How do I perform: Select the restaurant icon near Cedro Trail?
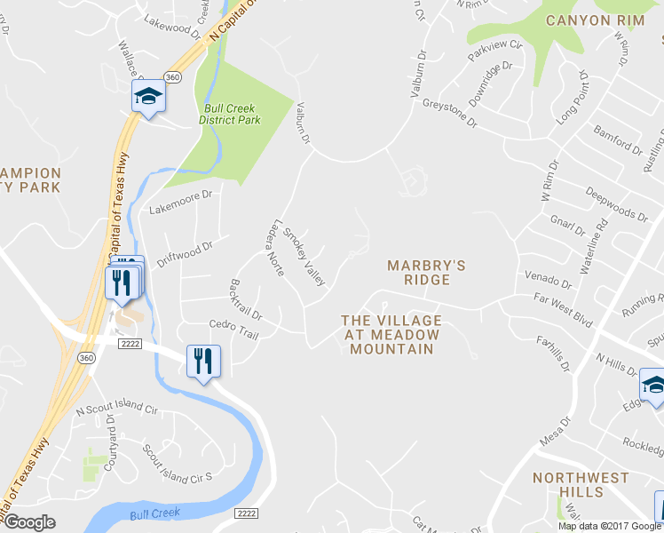pyautogui.click(x=203, y=361)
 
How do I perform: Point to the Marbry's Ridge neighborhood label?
pyautogui.click(x=426, y=272)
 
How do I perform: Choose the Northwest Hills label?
pyautogui.click(x=581, y=485)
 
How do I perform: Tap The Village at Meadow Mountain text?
pyautogui.click(x=391, y=334)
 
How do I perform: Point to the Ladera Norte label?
pyautogui.click(x=273, y=248)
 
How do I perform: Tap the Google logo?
pyautogui.click(x=28, y=522)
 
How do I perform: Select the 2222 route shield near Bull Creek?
pyautogui.click(x=248, y=513)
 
